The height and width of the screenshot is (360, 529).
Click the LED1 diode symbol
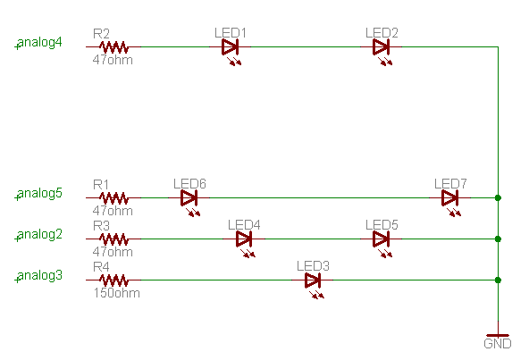click(230, 46)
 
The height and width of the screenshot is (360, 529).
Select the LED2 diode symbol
click(382, 46)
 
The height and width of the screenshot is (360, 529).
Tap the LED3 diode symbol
click(313, 280)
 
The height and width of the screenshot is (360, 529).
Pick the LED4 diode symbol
click(244, 239)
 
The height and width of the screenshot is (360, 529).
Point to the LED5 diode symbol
click(382, 239)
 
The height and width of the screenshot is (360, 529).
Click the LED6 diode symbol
click(189, 197)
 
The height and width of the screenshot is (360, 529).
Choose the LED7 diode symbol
click(450, 197)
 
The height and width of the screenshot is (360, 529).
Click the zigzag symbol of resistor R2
click(113, 46)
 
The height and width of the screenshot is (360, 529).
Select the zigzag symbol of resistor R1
click(113, 197)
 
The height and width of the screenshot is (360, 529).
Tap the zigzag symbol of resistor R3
click(113, 239)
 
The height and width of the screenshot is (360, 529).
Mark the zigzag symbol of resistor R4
click(113, 280)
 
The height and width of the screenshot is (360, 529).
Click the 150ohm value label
click(116, 293)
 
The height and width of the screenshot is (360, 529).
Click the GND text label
click(498, 344)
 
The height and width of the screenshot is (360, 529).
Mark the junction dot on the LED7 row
click(498, 197)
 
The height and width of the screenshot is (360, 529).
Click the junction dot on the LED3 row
click(498, 280)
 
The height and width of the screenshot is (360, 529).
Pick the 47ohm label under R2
click(113, 60)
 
